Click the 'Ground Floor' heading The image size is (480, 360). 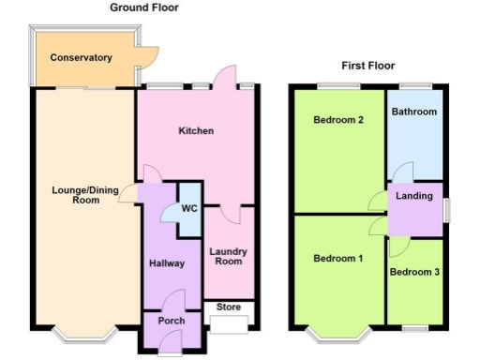click(144, 7)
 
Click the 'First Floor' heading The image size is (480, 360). click(367, 67)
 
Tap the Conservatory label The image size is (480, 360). click(81, 58)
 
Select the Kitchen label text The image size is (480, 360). click(196, 131)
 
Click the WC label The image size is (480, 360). click(187, 208)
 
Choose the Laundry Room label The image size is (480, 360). click(227, 256)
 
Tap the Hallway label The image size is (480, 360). click(167, 263)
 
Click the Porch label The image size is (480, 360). click(171, 321)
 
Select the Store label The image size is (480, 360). click(229, 306)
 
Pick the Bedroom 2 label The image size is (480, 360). click(338, 120)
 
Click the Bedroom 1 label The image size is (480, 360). click(337, 259)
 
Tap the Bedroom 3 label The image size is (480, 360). click(414, 273)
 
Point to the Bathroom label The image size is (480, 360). click(414, 112)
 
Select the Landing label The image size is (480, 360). click(414, 196)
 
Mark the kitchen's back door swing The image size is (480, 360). click(223, 77)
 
